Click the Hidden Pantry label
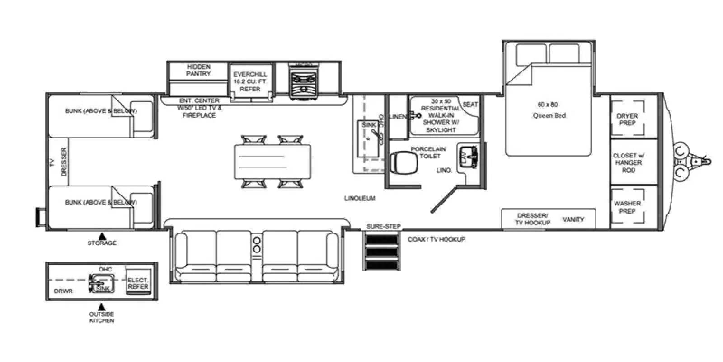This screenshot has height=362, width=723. (x=198, y=70)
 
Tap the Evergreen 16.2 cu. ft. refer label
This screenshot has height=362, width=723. (x=250, y=81)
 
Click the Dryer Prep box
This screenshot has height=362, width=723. (x=627, y=119)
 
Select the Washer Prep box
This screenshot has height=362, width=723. (x=627, y=207)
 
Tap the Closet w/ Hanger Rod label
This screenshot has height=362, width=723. (x=628, y=163)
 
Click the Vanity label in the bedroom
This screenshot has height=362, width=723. (x=573, y=219)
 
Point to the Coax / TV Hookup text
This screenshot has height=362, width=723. (x=436, y=239)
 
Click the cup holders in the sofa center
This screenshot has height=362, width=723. (x=257, y=244)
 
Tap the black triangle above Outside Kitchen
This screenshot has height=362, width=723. (x=102, y=307)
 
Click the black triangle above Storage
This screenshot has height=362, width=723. (x=102, y=236)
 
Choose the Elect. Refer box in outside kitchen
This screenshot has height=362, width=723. (x=138, y=284)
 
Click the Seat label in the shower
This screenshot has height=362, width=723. (x=470, y=105)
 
